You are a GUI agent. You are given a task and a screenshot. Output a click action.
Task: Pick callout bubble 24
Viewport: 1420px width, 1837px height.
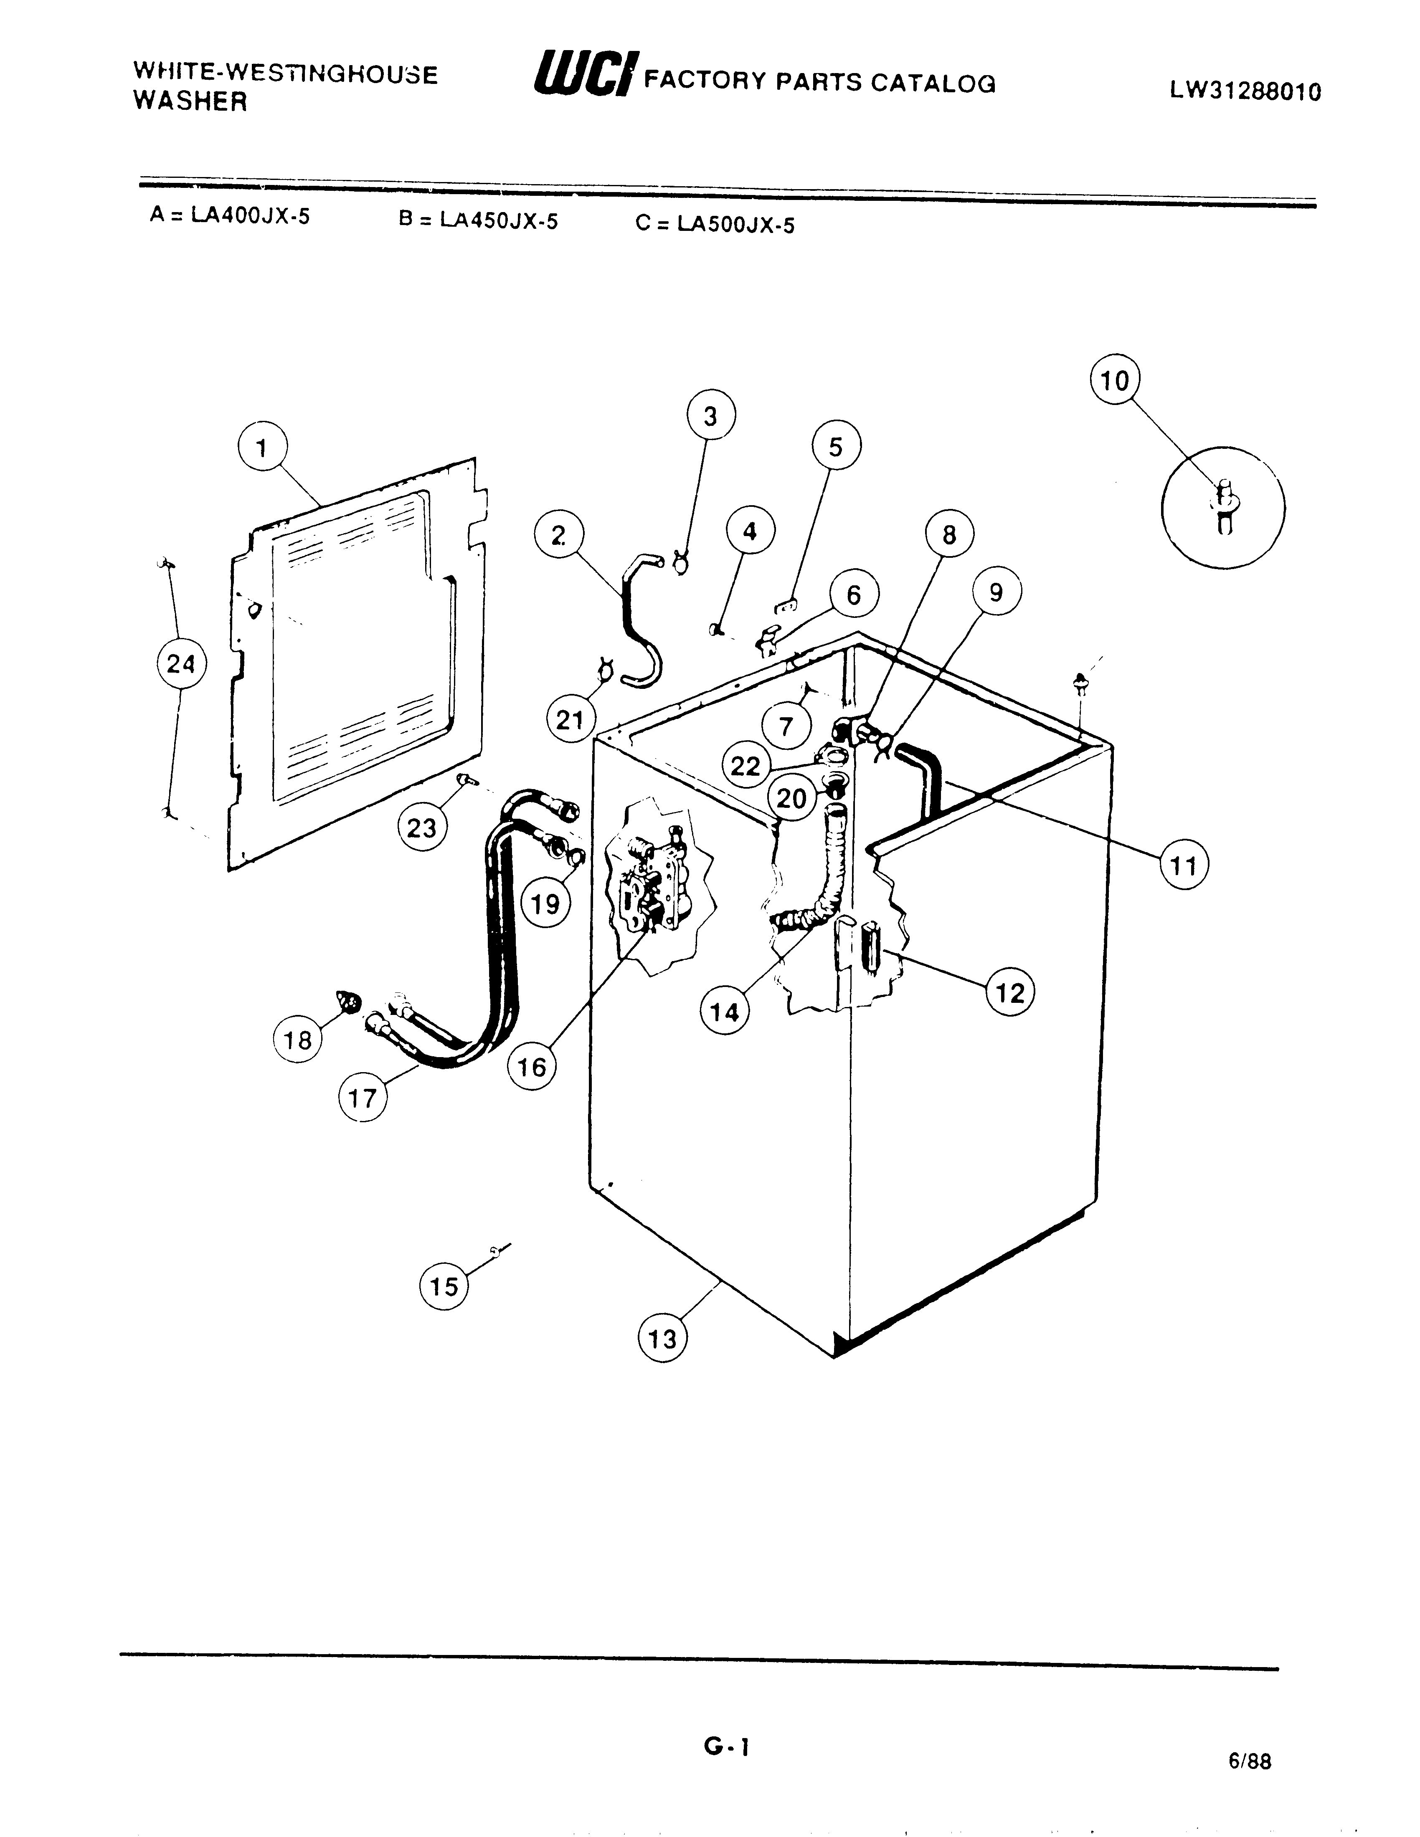pyautogui.click(x=181, y=665)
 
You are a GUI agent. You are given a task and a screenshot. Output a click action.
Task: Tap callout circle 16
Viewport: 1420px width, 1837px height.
pyautogui.click(x=532, y=1068)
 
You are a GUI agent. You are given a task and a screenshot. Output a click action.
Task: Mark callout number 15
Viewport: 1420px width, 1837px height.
pyautogui.click(x=444, y=1286)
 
